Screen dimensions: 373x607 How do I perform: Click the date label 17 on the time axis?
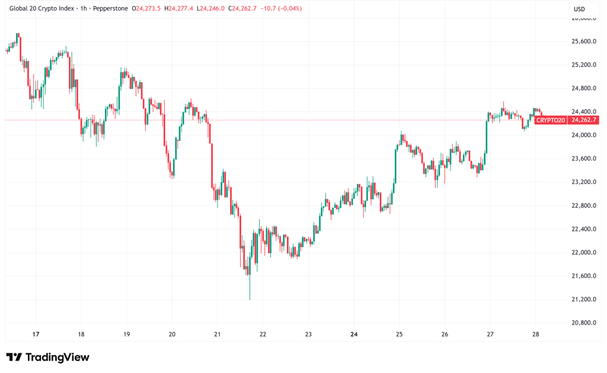point(36,334)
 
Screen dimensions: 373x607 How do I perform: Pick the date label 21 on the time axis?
point(217,334)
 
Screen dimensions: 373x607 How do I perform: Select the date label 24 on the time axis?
point(354,334)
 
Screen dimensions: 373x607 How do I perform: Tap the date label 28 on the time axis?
point(535,334)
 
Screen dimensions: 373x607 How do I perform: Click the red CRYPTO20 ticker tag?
point(550,120)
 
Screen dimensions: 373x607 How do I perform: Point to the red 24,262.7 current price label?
point(583,120)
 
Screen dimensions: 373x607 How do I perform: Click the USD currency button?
point(580,9)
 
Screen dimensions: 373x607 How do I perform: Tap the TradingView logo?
point(48,357)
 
